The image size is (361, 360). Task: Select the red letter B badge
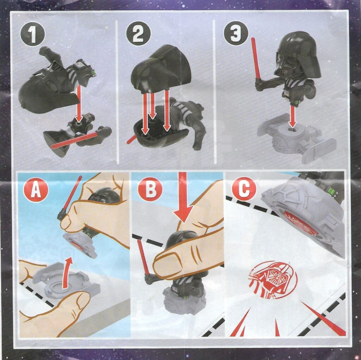(x=150, y=189)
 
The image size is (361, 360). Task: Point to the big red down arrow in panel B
(x=183, y=198)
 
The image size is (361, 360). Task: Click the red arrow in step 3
(x=293, y=116)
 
